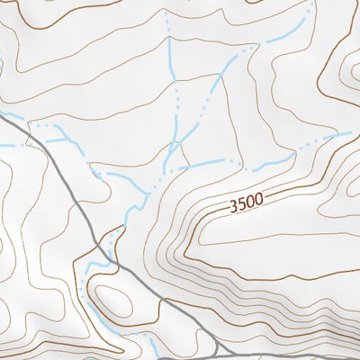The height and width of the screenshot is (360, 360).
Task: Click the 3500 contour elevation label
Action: (246, 204)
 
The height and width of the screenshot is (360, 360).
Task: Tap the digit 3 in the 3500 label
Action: (234, 207)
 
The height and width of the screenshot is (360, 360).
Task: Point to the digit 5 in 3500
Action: (241, 205)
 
